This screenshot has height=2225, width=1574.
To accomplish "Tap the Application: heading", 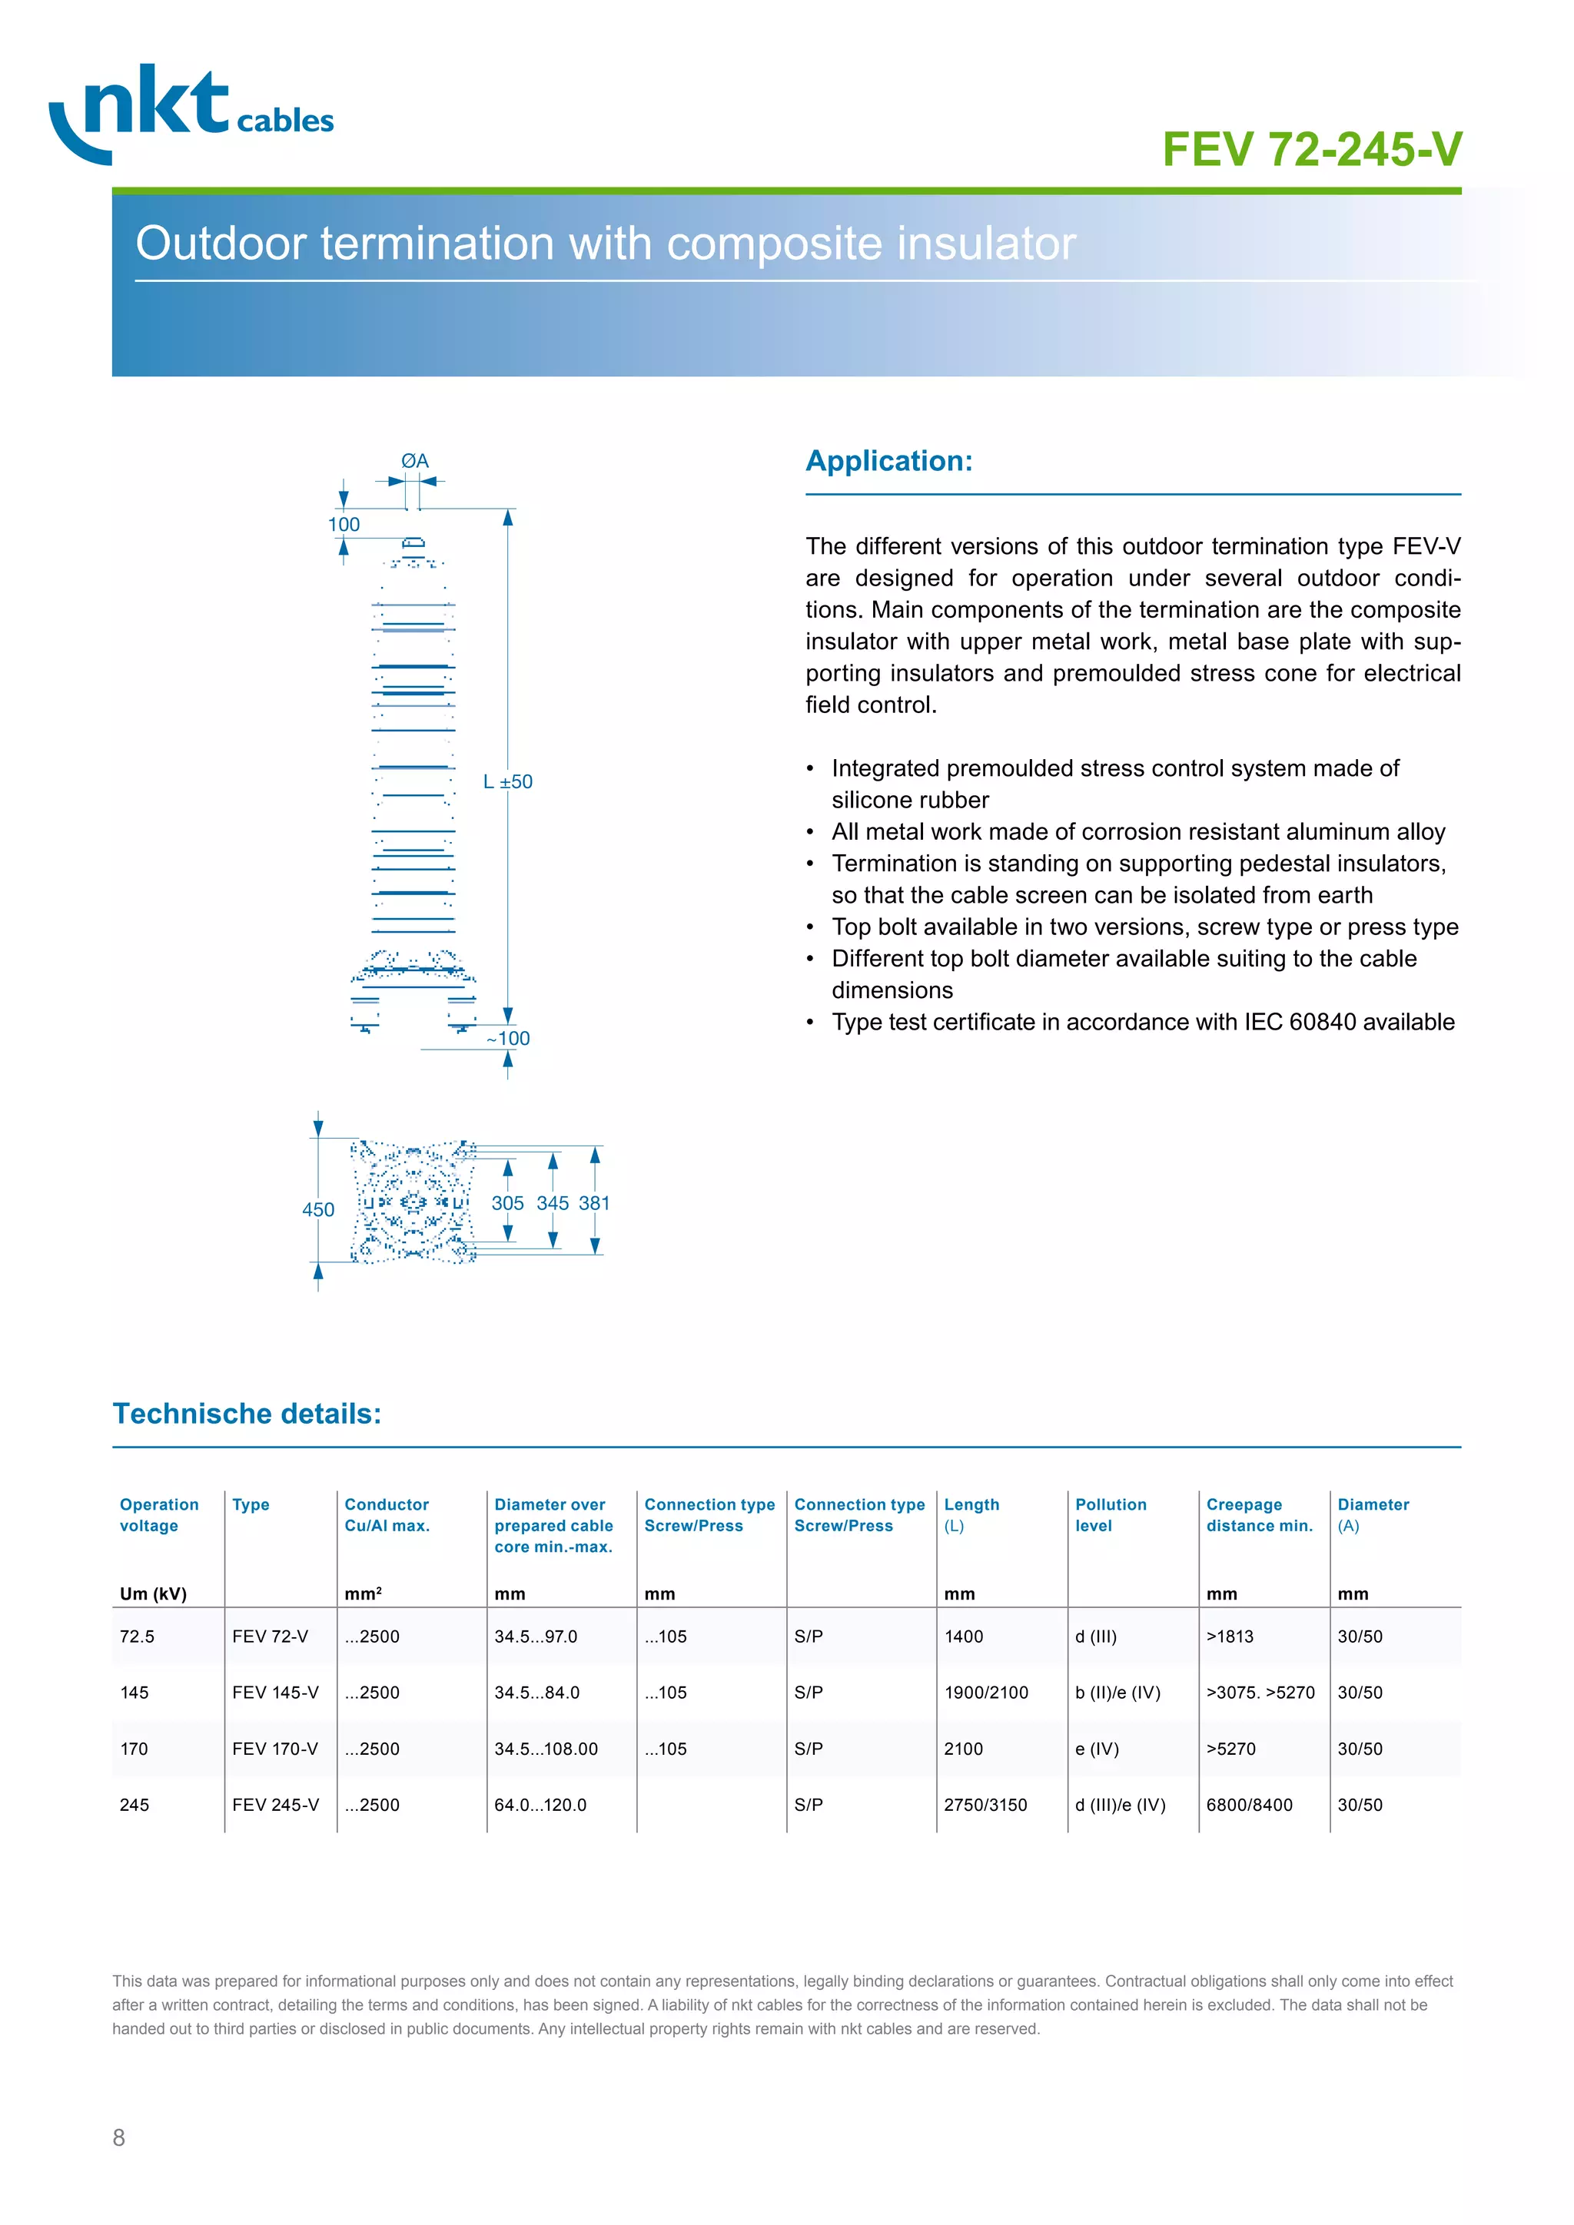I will (x=888, y=461).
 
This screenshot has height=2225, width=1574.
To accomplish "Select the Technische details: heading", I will (x=247, y=1414).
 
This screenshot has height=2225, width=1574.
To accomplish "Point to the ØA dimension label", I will (x=415, y=461).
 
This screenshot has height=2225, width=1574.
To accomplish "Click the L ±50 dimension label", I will (x=508, y=782).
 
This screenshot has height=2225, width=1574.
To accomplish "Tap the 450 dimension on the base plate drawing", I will (x=318, y=1209).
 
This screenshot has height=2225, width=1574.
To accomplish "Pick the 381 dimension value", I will (x=594, y=1204).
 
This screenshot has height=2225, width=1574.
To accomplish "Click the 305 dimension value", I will (x=507, y=1204).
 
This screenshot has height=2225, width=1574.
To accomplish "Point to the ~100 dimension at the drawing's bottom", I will (x=509, y=1039).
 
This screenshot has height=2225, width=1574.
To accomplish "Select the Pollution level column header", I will (x=1111, y=1514).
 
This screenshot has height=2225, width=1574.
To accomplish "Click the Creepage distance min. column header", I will (x=1259, y=1514).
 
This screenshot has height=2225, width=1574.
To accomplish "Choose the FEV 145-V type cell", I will (x=275, y=1693).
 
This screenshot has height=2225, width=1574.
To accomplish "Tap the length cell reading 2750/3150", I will (x=986, y=1806).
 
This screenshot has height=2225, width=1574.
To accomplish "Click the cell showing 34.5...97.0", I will (x=535, y=1636).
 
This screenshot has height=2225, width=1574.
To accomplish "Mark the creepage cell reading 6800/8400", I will (x=1250, y=1806).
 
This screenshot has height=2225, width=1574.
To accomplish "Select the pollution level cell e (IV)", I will (x=1097, y=1749).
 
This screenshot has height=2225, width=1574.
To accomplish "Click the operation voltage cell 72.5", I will (x=137, y=1636).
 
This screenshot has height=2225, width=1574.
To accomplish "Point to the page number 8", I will (x=118, y=2137).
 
